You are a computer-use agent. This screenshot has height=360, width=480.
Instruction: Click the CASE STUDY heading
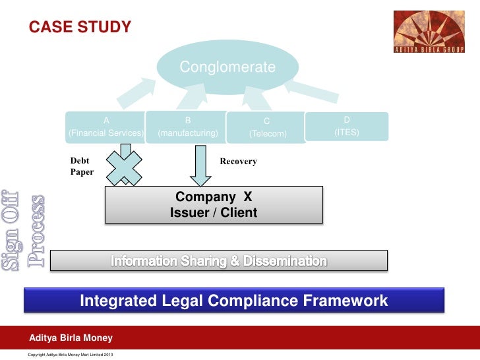coord(79,27)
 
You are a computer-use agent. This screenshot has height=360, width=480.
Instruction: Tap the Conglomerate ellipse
coord(228,67)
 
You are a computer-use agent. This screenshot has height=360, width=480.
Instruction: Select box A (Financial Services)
coord(105,127)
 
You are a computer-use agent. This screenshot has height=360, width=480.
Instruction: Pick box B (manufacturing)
coord(188,127)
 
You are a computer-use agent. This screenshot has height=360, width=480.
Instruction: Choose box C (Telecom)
coord(267,127)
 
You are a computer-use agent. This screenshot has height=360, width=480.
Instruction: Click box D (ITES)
coord(347,126)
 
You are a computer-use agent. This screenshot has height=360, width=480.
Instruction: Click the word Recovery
coord(238,162)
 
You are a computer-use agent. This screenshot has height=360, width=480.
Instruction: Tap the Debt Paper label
coord(82,166)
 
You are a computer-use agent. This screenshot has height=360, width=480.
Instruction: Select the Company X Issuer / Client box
coord(214,205)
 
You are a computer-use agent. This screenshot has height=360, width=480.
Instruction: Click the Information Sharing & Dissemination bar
coord(219,261)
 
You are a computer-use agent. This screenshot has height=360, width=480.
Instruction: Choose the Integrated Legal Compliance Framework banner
coord(234,301)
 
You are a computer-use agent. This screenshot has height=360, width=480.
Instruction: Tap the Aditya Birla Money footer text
coord(71,338)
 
